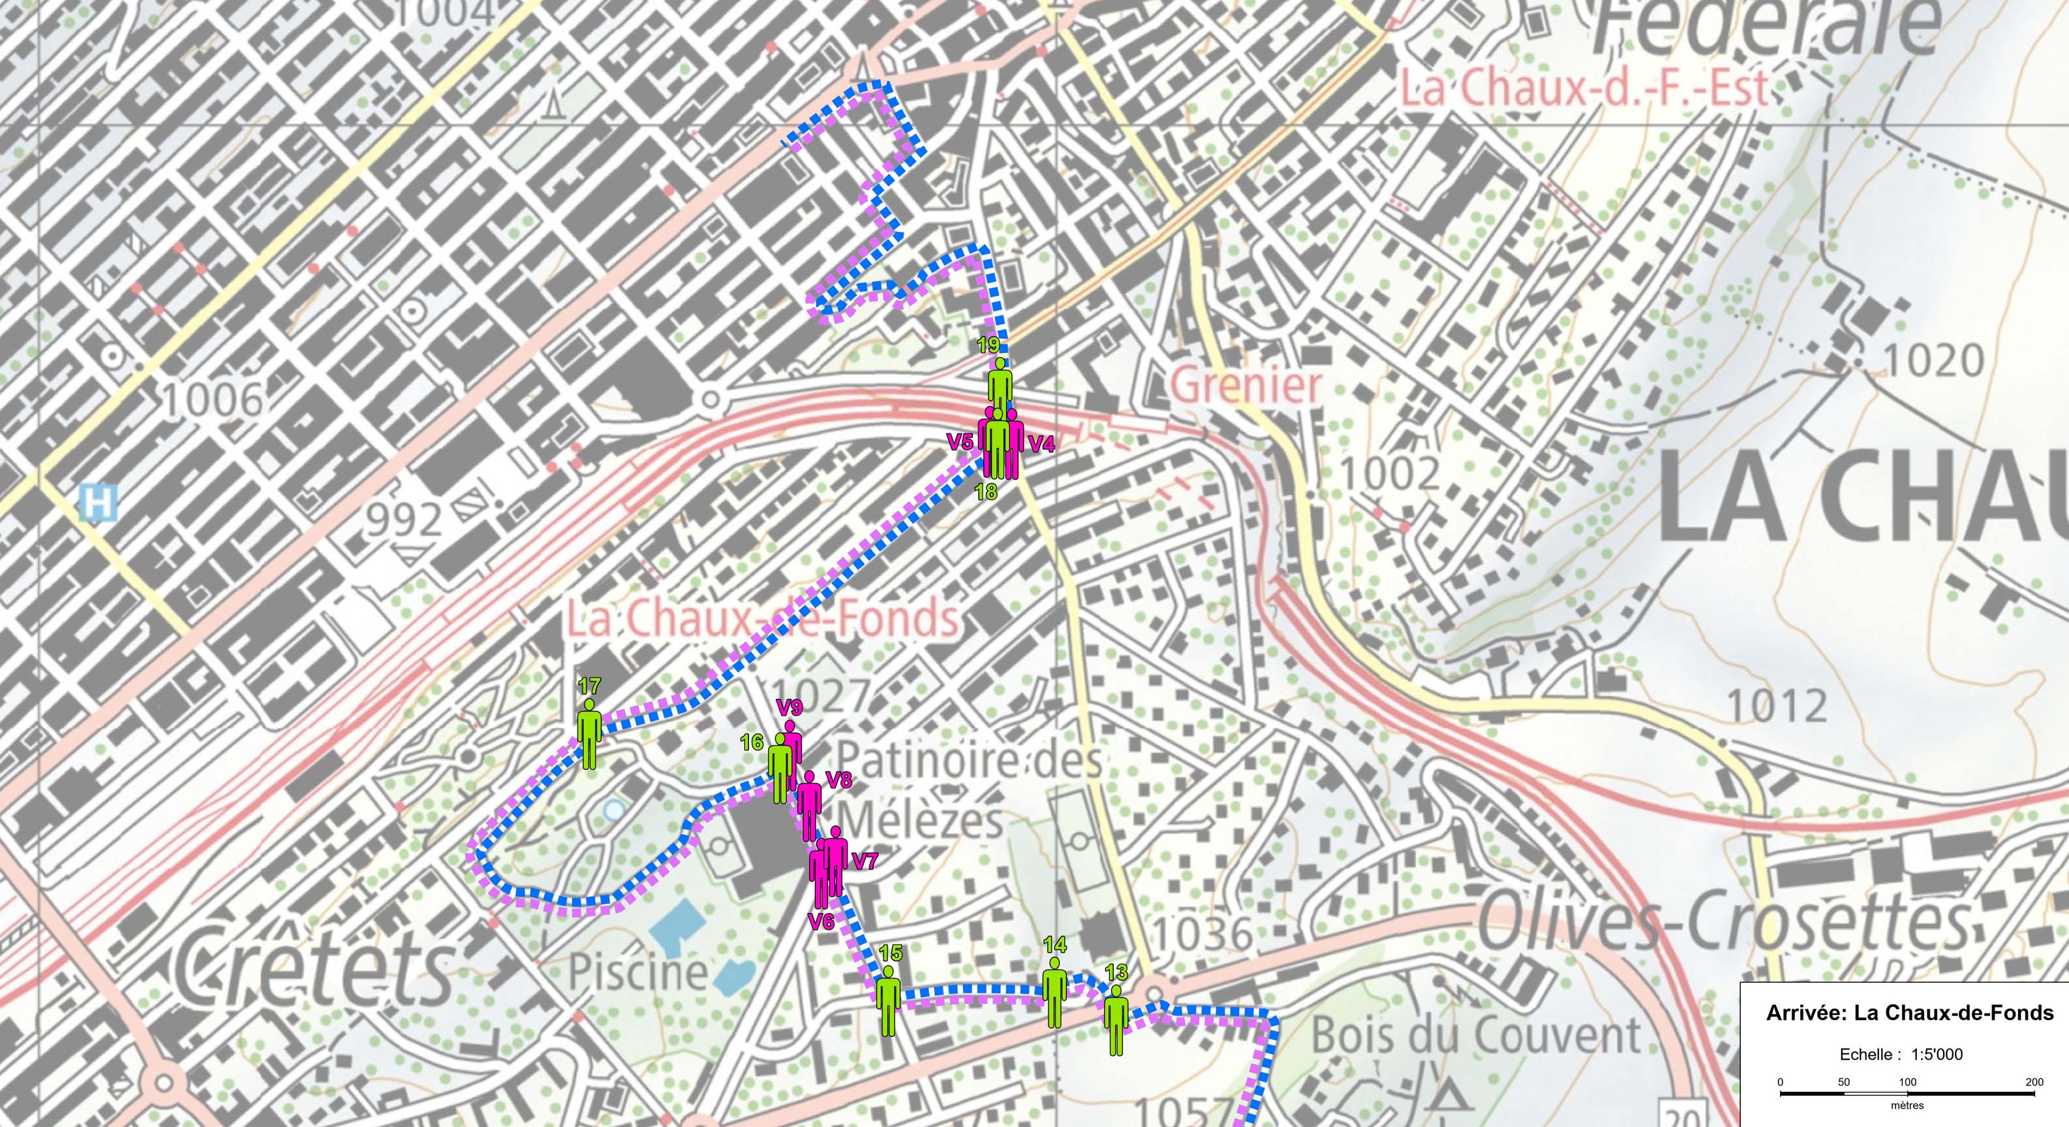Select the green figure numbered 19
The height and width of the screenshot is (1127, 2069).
point(999,386)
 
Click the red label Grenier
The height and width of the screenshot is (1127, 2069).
point(1244,386)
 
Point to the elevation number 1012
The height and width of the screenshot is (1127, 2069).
point(1777,706)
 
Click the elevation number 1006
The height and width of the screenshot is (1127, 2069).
point(213,399)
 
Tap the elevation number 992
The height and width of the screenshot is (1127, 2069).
point(406,521)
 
